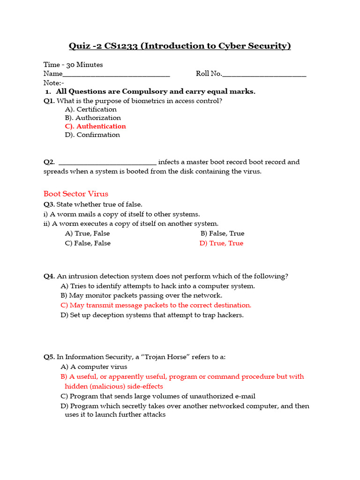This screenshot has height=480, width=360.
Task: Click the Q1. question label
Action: (49, 101)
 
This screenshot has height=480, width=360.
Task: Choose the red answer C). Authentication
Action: (96, 126)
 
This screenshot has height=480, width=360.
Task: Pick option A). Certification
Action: (91, 109)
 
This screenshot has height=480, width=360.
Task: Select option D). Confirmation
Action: (92, 135)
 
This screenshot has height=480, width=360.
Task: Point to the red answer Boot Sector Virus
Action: (76, 194)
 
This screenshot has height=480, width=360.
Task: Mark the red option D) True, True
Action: (221, 243)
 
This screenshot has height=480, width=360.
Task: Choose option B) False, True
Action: (222, 233)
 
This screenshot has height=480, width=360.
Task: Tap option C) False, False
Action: (88, 243)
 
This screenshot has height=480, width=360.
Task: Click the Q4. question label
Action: (49, 276)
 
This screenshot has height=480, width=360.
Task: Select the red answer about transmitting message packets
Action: (156, 305)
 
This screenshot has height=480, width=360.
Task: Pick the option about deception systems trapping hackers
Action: (152, 315)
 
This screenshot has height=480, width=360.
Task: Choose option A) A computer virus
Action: (94, 367)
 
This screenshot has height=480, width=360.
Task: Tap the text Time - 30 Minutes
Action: (73, 65)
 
